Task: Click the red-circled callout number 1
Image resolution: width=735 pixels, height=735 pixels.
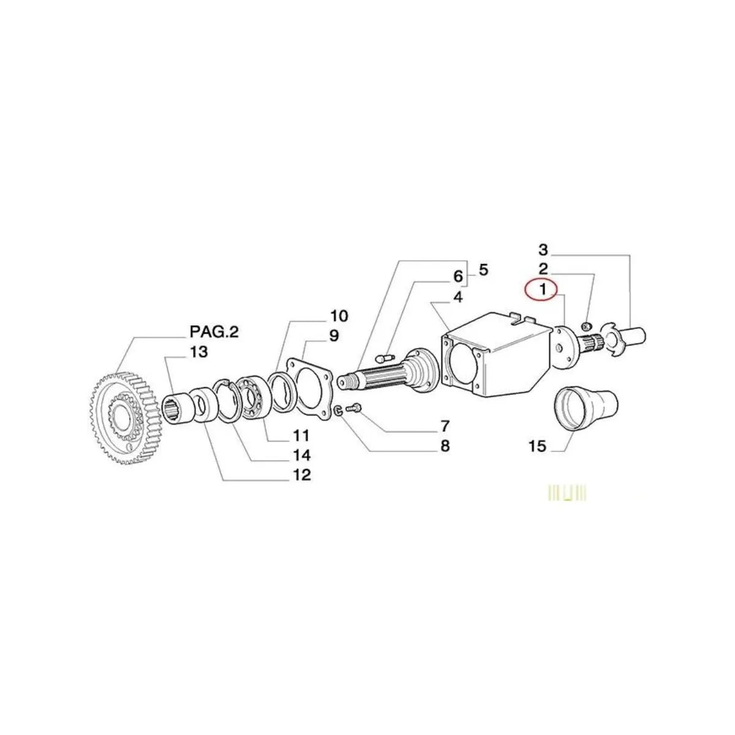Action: click(x=542, y=290)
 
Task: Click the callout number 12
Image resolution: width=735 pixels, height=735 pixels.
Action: click(x=302, y=474)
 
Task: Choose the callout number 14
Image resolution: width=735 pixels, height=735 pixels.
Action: click(x=302, y=455)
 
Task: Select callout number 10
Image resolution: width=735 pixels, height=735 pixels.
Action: click(x=339, y=316)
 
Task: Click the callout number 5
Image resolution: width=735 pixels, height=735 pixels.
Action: click(x=483, y=269)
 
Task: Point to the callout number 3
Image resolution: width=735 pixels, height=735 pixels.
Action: click(x=543, y=250)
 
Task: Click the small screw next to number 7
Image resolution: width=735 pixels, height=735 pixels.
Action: click(x=355, y=407)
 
